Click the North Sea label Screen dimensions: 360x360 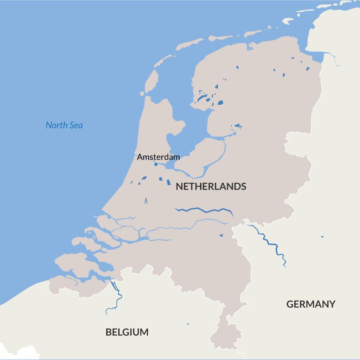64,125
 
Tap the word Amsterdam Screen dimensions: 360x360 158,157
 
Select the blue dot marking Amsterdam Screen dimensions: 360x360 156,164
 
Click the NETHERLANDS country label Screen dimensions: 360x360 211,186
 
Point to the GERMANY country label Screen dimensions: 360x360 311,304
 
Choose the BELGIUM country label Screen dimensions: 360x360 127,332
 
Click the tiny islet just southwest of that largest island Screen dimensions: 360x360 142,94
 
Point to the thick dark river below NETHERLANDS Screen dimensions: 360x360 204,211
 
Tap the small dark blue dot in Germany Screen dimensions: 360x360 322,237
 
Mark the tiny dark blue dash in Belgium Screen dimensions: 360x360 188,324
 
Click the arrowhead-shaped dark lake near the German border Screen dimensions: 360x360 221,235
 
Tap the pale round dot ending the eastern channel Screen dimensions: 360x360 234,133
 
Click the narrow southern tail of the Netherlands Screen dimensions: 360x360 229,334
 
